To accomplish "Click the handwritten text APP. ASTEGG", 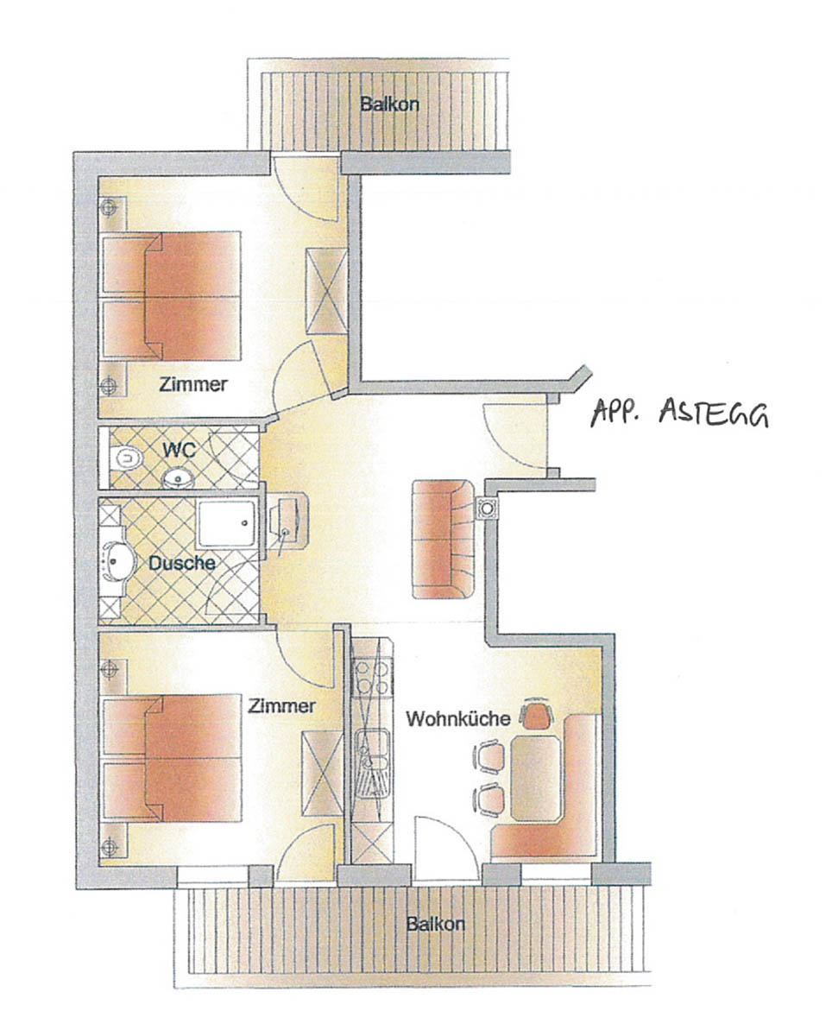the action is click(x=679, y=413).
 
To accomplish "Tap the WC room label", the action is click(x=179, y=450).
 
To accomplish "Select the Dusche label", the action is click(x=182, y=563).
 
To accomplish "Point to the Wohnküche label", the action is click(x=457, y=719).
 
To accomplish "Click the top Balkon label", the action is click(x=389, y=104).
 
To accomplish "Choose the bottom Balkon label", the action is click(x=436, y=925).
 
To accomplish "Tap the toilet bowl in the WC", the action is click(x=126, y=458).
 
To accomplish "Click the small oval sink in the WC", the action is click(x=178, y=478).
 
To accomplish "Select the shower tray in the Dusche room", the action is click(x=227, y=524).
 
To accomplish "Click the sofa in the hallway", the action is click(x=444, y=540).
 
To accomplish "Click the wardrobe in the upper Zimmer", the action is click(x=327, y=291).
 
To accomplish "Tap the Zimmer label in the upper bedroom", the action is click(x=193, y=385).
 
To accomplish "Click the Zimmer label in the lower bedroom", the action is click(x=281, y=706).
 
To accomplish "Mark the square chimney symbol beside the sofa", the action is click(x=487, y=508).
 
